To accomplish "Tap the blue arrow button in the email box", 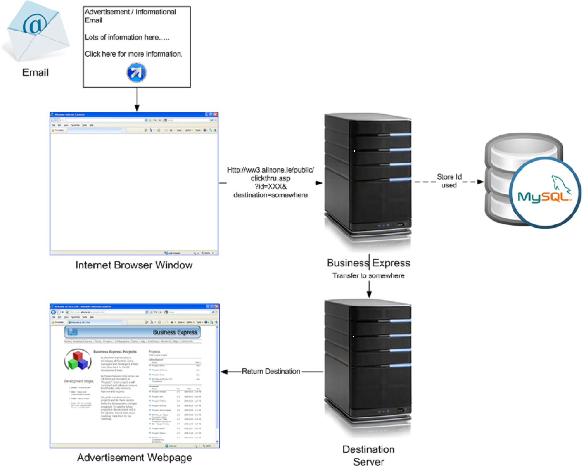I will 136,72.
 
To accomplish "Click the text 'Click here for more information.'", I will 133,54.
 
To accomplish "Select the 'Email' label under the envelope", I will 35,72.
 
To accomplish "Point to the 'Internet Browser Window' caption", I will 134,265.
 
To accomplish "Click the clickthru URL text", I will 271,182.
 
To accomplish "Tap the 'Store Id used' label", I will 449,181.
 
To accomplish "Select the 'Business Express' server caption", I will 368,263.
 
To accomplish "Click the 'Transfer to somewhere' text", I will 368,275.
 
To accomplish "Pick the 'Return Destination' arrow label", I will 271,371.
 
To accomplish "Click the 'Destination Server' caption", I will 369,455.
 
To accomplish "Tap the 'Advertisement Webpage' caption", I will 135,458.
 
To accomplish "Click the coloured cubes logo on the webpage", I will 77,361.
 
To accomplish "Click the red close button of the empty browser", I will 215,115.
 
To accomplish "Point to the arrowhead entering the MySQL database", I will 480,182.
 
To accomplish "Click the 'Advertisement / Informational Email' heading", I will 130,16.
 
